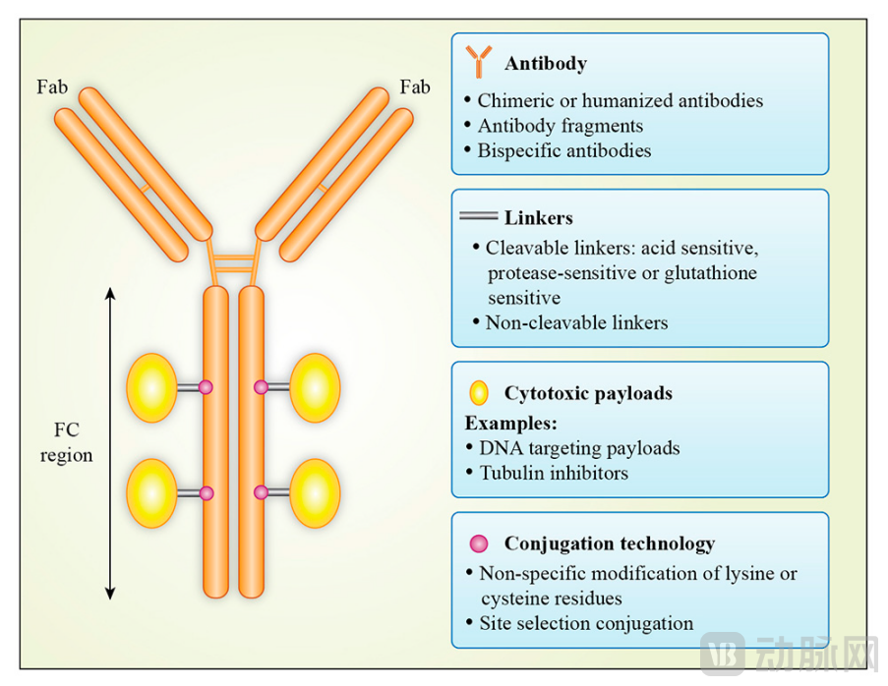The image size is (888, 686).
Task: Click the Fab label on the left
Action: [52, 87]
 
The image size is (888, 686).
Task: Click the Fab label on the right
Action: [415, 87]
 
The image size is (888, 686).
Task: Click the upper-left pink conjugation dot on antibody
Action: [207, 387]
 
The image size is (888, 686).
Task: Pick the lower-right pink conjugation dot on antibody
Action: [261, 491]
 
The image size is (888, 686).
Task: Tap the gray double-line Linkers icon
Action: [479, 215]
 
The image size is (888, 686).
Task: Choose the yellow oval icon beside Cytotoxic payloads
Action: [479, 393]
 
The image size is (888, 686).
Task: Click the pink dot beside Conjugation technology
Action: [479, 543]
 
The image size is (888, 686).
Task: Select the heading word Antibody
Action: [546, 64]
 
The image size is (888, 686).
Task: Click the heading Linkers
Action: [539, 217]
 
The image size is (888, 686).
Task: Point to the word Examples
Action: [510, 423]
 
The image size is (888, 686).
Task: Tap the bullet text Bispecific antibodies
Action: [564, 150]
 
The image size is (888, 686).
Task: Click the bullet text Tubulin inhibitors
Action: [554, 473]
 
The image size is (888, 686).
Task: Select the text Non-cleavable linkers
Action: [576, 322]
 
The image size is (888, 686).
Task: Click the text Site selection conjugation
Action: [586, 623]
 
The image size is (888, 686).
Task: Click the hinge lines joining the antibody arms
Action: [233, 263]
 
